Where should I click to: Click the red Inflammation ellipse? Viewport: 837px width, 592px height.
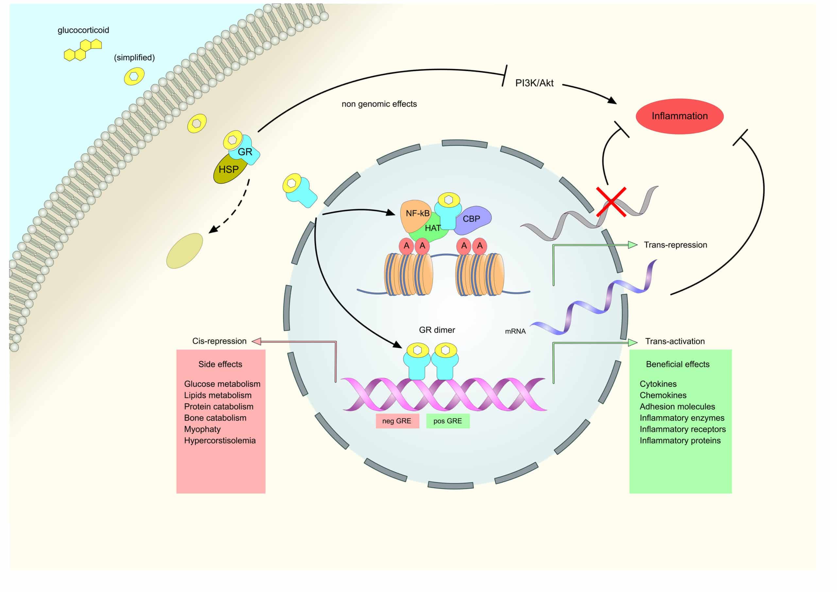(679, 116)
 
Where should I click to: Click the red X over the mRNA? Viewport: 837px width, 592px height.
(611, 202)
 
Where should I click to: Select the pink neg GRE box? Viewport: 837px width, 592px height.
(397, 421)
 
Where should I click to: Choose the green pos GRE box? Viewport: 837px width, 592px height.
(448, 421)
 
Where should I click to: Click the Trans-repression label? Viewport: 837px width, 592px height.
(675, 245)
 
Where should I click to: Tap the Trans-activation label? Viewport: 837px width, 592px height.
(675, 341)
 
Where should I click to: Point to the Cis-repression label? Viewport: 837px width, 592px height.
(219, 341)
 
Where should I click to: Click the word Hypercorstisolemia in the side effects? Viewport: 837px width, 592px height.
(220, 441)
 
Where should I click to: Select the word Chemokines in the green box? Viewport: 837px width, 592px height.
(663, 395)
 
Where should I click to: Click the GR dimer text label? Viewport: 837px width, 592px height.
(437, 330)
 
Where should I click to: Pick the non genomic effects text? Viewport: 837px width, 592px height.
(379, 104)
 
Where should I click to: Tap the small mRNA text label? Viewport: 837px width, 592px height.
(515, 332)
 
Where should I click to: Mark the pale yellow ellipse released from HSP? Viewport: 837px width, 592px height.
(184, 251)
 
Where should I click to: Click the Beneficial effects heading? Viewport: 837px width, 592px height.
(677, 364)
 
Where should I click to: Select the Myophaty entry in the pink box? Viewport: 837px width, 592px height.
(202, 429)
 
